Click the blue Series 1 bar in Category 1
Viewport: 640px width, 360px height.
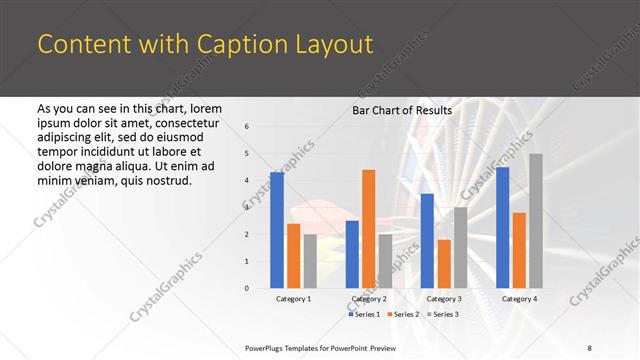point(277,230)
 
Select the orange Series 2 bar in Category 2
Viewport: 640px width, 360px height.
point(369,229)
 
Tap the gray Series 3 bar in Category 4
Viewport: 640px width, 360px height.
point(536,221)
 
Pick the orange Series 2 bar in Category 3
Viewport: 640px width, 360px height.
point(444,264)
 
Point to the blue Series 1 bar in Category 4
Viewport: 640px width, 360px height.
point(502,227)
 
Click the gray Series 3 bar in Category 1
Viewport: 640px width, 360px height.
point(310,261)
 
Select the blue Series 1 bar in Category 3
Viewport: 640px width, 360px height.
point(427,241)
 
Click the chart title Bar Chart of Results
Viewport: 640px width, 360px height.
point(402,110)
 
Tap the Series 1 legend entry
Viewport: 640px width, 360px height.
point(363,314)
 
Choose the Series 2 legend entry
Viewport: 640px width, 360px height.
point(401,314)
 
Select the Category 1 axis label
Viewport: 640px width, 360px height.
point(293,299)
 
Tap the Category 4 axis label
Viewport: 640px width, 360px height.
point(519,299)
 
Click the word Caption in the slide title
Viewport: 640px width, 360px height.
point(224,45)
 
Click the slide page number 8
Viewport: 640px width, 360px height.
point(589,348)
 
